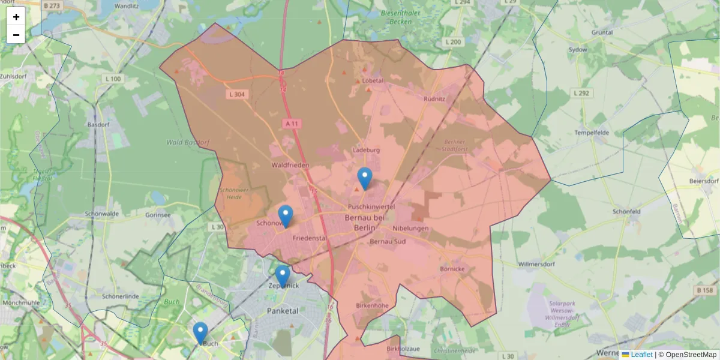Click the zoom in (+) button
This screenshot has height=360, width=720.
coord(16,17)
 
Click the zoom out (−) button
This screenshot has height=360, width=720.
coord(16,35)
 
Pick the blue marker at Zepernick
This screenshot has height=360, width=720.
coord(283,277)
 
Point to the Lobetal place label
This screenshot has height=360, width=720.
coord(373,80)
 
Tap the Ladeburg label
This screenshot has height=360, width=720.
coord(367,150)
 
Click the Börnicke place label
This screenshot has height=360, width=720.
coord(452,269)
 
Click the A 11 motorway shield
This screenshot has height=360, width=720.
coord(292,124)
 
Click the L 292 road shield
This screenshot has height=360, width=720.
coord(581,93)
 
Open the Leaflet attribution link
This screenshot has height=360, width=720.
coord(641,355)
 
